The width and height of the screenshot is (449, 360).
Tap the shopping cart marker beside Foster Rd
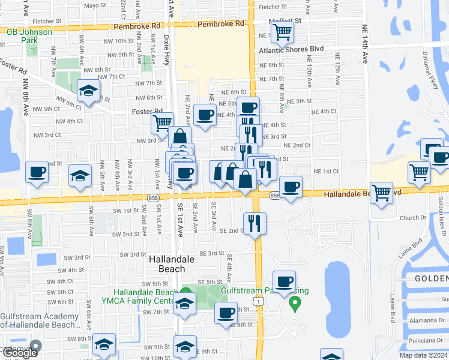[161, 124]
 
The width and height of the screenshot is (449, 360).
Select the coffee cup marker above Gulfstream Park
[284, 281]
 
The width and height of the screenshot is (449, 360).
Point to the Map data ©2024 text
[424, 355]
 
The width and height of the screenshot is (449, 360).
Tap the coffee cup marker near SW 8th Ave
[36, 173]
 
